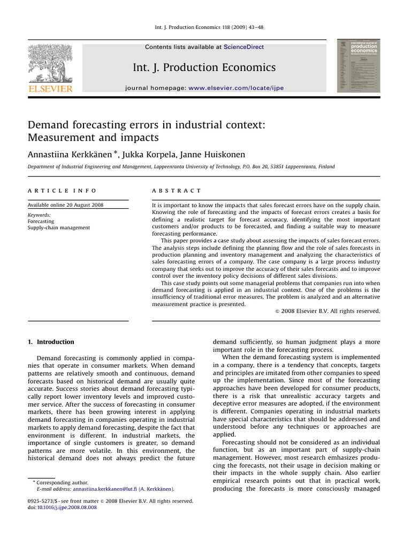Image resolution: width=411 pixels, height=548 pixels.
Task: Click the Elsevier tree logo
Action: (50, 62)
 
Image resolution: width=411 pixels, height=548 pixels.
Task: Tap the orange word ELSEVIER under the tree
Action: (50, 88)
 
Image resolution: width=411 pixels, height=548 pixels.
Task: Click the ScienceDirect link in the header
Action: (243, 47)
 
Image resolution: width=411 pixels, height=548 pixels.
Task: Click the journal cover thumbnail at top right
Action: (357, 65)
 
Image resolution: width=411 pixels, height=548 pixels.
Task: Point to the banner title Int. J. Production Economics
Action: (204, 67)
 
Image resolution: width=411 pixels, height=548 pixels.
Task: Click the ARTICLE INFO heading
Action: (62, 191)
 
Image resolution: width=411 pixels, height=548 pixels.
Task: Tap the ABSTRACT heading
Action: (177, 191)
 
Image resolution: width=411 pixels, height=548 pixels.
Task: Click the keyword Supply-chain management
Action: (59, 227)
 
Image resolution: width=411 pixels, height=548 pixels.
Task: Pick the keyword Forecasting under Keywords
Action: (41, 221)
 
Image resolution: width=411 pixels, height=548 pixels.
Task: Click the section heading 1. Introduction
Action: (51, 342)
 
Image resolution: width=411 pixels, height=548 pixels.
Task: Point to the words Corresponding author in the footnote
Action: (60, 482)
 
